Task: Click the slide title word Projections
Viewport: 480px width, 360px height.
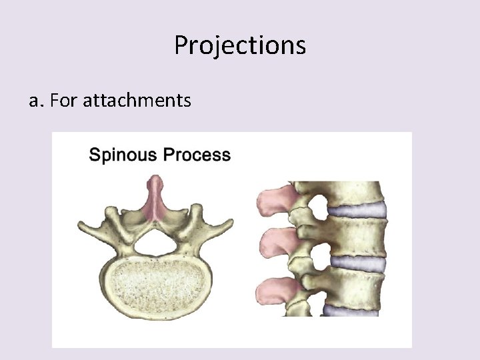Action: click(240, 45)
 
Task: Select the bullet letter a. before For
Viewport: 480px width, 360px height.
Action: click(35, 101)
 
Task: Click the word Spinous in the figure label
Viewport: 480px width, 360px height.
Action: click(121, 155)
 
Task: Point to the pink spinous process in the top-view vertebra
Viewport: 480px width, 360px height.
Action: click(156, 197)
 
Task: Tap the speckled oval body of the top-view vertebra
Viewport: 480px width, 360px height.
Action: click(156, 289)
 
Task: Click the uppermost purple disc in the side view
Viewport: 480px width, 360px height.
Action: click(360, 211)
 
